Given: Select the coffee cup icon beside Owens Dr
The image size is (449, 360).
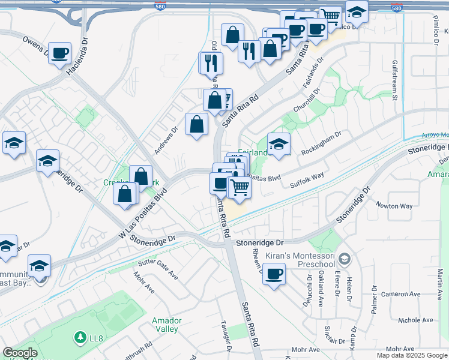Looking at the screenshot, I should tap(59, 53).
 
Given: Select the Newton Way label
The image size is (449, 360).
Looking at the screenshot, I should tap(394, 206).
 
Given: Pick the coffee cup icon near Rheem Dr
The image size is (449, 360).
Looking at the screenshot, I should tap(274, 274).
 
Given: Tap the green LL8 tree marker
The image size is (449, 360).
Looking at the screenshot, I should tap(80, 338).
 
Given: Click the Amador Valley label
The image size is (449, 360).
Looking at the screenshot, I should tap(166, 325).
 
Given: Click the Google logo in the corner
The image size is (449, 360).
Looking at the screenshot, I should tap(20, 353).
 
